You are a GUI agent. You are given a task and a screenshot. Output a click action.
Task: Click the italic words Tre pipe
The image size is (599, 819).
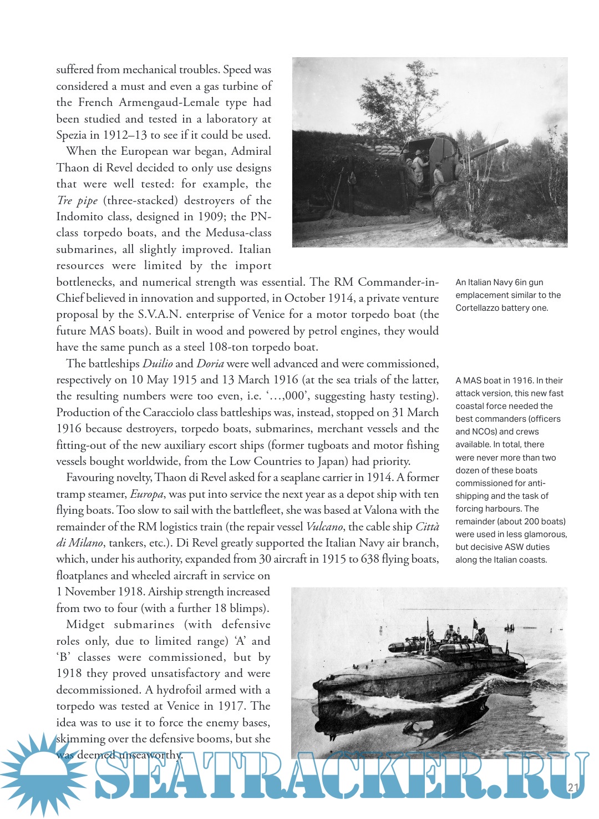[x=77, y=201]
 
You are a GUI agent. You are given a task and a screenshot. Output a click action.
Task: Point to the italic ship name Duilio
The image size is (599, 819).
[x=158, y=364]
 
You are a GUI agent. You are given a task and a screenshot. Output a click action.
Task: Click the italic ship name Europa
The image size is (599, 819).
[x=147, y=494]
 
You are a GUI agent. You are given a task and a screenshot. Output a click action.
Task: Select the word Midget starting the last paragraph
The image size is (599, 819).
[x=84, y=625]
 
